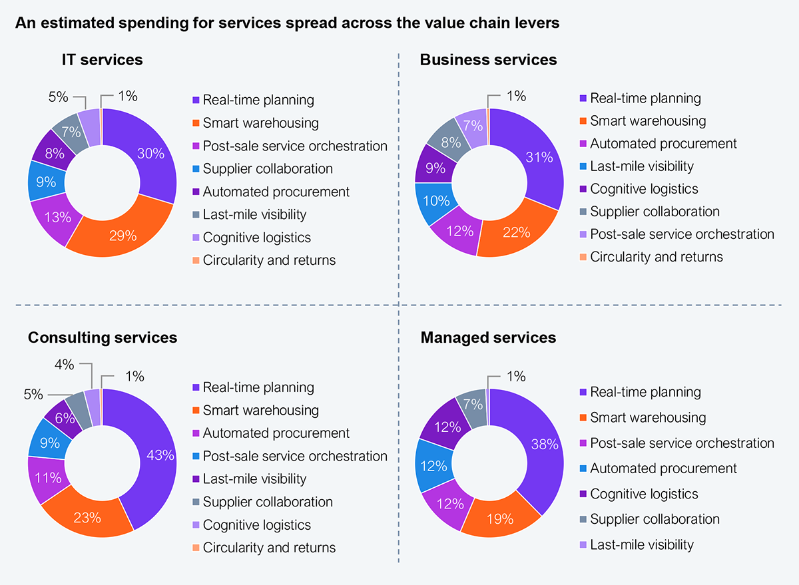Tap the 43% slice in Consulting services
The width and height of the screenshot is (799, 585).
(160, 455)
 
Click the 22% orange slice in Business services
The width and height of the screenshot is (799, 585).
(517, 232)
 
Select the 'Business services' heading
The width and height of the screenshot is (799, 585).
(488, 60)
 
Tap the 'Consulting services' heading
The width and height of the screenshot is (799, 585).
(103, 337)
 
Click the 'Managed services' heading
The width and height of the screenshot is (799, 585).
(488, 337)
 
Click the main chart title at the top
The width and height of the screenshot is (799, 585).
(287, 23)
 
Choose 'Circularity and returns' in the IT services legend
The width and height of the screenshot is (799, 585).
(269, 260)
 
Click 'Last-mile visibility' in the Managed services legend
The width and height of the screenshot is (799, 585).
(641, 544)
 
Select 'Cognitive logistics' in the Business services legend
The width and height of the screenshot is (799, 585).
(644, 188)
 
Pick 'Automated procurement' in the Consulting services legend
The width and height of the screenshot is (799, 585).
(276, 433)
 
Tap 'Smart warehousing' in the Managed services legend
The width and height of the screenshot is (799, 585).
(648, 417)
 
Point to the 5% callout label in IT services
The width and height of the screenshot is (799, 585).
(59, 97)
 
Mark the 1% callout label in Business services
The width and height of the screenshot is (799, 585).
(516, 96)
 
